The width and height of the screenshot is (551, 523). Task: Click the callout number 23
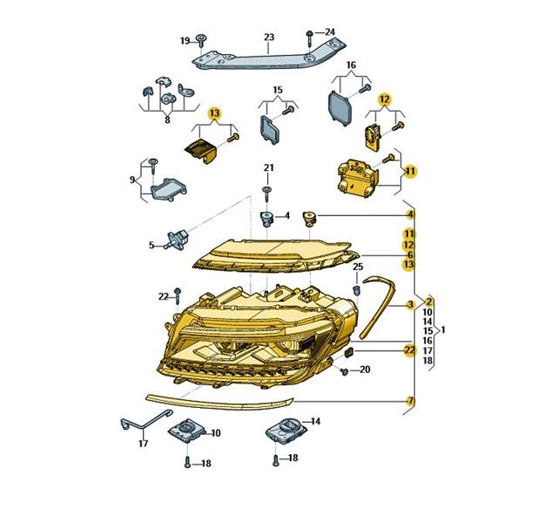(269, 37)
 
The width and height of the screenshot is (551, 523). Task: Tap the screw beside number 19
(201, 41)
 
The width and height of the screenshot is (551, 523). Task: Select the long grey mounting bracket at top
(269, 56)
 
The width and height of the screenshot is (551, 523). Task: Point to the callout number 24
(330, 32)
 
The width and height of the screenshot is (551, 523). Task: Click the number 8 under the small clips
(167, 119)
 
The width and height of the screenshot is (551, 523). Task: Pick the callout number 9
(132, 180)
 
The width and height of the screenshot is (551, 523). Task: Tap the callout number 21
(269, 168)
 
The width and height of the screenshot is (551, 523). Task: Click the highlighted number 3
(410, 304)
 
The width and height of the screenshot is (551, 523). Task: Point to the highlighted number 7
(410, 400)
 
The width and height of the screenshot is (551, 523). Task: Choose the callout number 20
(365, 370)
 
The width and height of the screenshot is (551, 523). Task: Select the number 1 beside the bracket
(443, 329)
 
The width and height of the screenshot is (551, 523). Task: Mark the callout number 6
(410, 255)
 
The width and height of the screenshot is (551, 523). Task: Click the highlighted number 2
(428, 302)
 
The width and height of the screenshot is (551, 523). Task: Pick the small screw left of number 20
(345, 371)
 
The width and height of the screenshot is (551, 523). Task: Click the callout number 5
(151, 245)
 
